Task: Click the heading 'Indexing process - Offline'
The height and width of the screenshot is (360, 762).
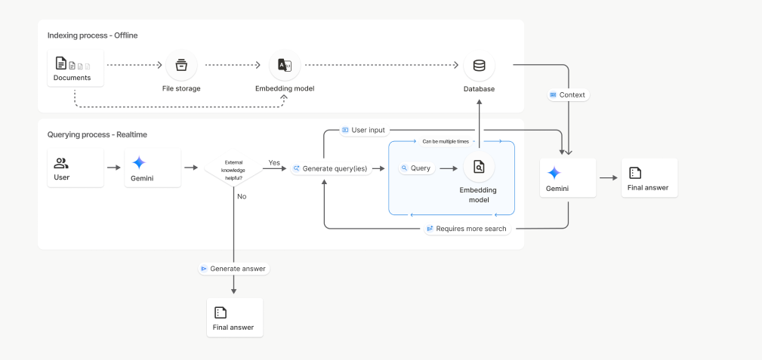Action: pos(92,35)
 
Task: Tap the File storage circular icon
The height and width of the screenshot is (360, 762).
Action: pos(181,66)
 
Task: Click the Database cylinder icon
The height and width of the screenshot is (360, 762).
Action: pos(479,66)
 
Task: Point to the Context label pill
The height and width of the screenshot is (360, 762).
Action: pos(567,95)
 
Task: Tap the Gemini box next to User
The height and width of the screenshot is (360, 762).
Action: pos(152,168)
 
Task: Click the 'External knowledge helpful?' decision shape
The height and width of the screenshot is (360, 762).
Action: pos(233,168)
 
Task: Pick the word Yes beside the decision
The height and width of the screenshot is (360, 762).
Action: pos(274,162)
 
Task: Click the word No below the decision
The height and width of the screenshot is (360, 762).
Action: pos(242,196)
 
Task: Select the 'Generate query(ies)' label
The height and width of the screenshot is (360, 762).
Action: pos(330,168)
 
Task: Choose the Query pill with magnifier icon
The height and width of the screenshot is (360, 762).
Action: pos(417,168)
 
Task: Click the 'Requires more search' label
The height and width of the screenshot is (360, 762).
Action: pos(467,229)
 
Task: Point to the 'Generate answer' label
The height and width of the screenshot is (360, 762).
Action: pos(234,269)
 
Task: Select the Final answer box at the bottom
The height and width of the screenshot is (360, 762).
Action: pos(234,317)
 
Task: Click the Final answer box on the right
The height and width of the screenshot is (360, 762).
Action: pos(649,178)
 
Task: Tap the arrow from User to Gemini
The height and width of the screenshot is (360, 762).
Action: pos(114,168)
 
